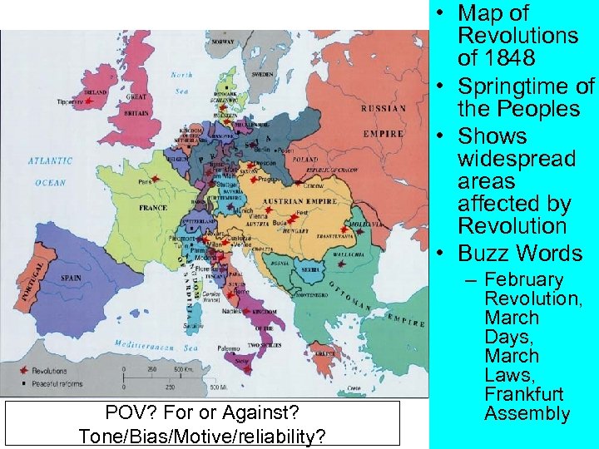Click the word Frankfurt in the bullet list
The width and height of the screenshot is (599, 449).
[523, 393]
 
